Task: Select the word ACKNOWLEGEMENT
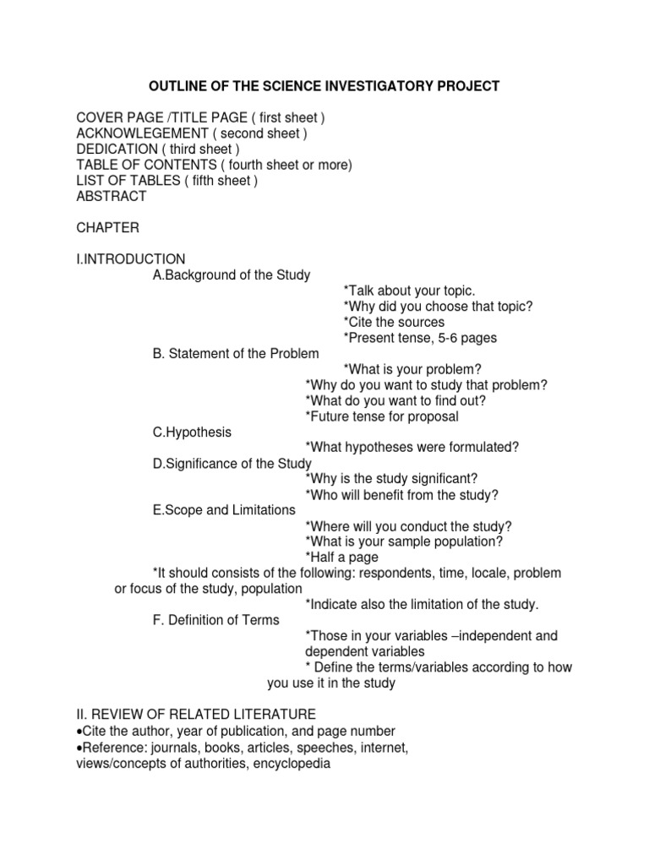pos(142,133)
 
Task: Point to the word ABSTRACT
pos(112,196)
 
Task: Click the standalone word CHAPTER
pos(107,228)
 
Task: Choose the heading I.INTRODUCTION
pos(131,258)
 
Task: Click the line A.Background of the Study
pos(232,275)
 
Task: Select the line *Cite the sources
pos(394,322)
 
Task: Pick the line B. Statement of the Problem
pos(236,353)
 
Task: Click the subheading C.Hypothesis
pos(192,432)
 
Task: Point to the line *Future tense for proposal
pos(382,416)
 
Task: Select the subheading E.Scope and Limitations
pos(224,510)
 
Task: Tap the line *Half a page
pos(341,558)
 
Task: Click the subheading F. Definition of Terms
pos(215,620)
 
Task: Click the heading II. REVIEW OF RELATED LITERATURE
pos(196,715)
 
